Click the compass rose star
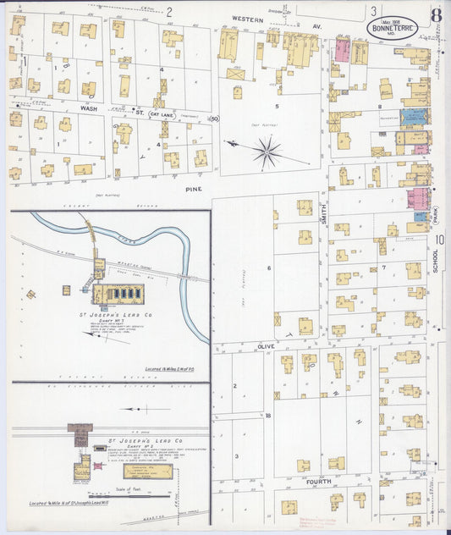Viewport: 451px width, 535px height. click(x=267, y=152)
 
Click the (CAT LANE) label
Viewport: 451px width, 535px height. click(x=163, y=113)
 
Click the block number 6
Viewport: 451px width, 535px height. click(x=269, y=267)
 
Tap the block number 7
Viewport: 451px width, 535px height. click(x=383, y=267)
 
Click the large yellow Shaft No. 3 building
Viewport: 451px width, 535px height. click(x=118, y=293)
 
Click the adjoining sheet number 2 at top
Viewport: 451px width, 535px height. click(x=169, y=12)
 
